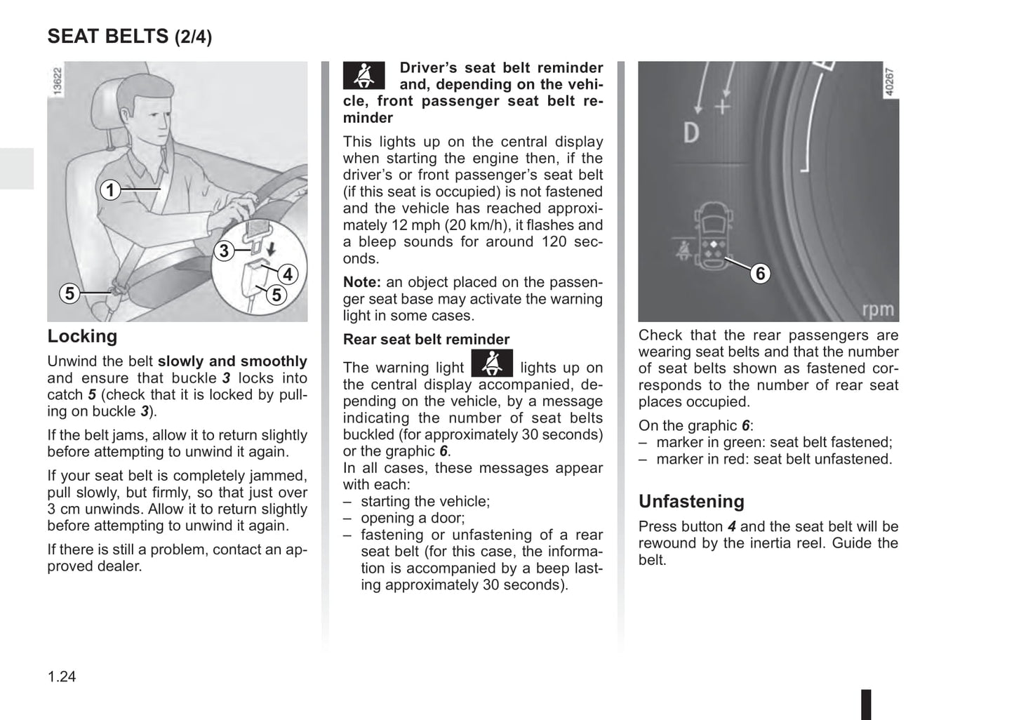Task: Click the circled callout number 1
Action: [109, 189]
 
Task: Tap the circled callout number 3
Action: [223, 251]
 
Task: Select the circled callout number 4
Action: [288, 274]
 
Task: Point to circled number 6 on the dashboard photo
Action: [760, 273]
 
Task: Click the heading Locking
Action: [82, 336]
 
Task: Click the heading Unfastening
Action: [691, 501]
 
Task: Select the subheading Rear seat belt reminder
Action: [426, 340]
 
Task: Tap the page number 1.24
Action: [62, 676]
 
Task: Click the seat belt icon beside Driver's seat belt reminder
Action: [363, 75]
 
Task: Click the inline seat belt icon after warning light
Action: [492, 364]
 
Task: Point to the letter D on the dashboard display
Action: [691, 133]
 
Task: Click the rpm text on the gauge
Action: [878, 309]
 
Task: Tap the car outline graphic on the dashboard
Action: [712, 235]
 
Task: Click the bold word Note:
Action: [361, 282]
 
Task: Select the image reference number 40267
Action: [889, 81]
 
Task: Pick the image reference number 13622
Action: [58, 81]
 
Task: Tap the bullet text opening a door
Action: [413, 518]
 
